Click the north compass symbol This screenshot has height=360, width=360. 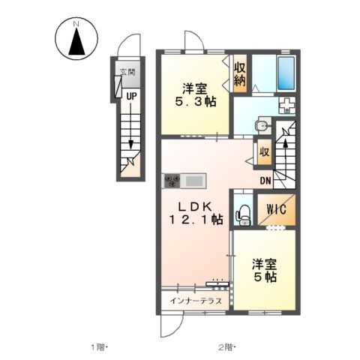tap(75, 39)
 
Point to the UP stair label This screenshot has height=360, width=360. tap(131, 96)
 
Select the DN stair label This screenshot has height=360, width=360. tap(265, 180)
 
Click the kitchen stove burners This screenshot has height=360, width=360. tap(172, 180)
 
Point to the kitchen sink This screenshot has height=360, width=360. tap(193, 180)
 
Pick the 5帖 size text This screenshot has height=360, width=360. tap(264, 277)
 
